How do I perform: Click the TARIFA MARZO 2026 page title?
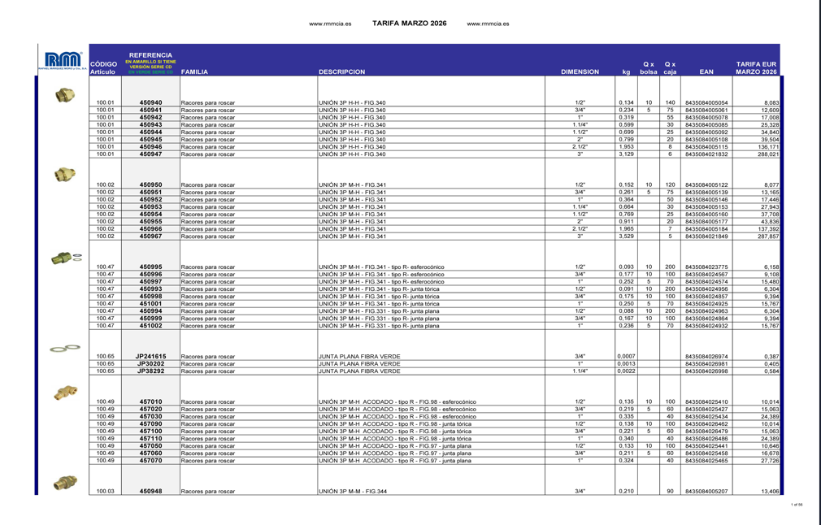[409, 24]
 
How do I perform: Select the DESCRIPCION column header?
[341, 72]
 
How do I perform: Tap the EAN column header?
[706, 72]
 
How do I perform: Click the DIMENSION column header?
[580, 72]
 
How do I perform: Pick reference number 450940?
[150, 103]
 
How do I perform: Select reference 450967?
[150, 236]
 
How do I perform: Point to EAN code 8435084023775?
[706, 267]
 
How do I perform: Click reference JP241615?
[150, 357]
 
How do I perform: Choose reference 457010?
[150, 402]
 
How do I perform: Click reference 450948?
[150, 492]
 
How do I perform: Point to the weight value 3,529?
[626, 236]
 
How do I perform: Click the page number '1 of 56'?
[797, 505]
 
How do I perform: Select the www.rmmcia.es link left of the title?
[329, 24]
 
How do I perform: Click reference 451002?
[150, 326]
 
